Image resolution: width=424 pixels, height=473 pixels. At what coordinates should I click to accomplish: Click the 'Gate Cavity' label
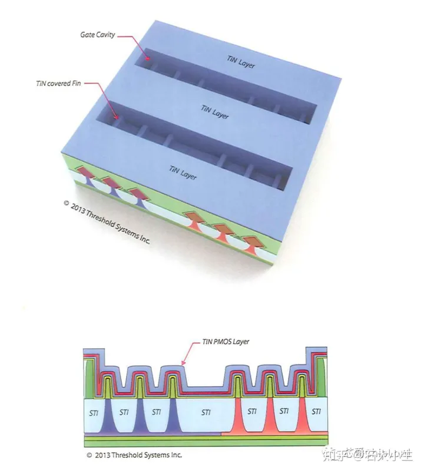point(97,35)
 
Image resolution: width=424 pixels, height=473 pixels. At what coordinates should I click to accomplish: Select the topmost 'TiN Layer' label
point(241,61)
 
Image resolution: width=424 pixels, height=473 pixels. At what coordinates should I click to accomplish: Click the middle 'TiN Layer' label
point(214,111)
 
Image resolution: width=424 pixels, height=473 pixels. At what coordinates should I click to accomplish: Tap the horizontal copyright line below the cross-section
point(134,455)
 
